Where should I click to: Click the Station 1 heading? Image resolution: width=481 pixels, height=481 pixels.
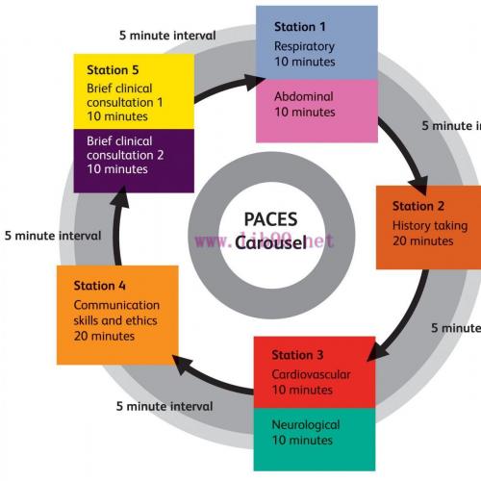pyautogui.click(x=300, y=27)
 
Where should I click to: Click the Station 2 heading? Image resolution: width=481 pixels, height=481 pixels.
pyautogui.click(x=418, y=206)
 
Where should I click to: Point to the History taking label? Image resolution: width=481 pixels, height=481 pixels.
pyautogui.click(x=430, y=226)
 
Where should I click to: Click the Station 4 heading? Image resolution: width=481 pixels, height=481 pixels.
pyautogui.click(x=100, y=286)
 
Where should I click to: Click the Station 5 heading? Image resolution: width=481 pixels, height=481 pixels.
pyautogui.click(x=114, y=70)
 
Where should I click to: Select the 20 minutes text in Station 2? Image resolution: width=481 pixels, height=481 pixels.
pyautogui.click(x=422, y=241)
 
